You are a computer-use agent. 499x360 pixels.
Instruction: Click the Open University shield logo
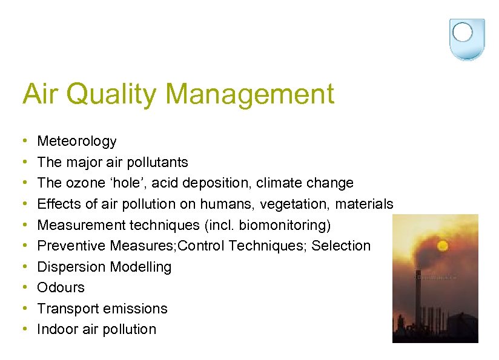point(467,38)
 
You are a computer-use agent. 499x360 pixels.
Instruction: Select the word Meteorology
point(77,142)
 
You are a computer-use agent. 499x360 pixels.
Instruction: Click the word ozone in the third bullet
point(88,183)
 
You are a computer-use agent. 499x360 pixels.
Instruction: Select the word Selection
point(341,246)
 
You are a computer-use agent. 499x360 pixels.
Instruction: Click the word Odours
point(61,287)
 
